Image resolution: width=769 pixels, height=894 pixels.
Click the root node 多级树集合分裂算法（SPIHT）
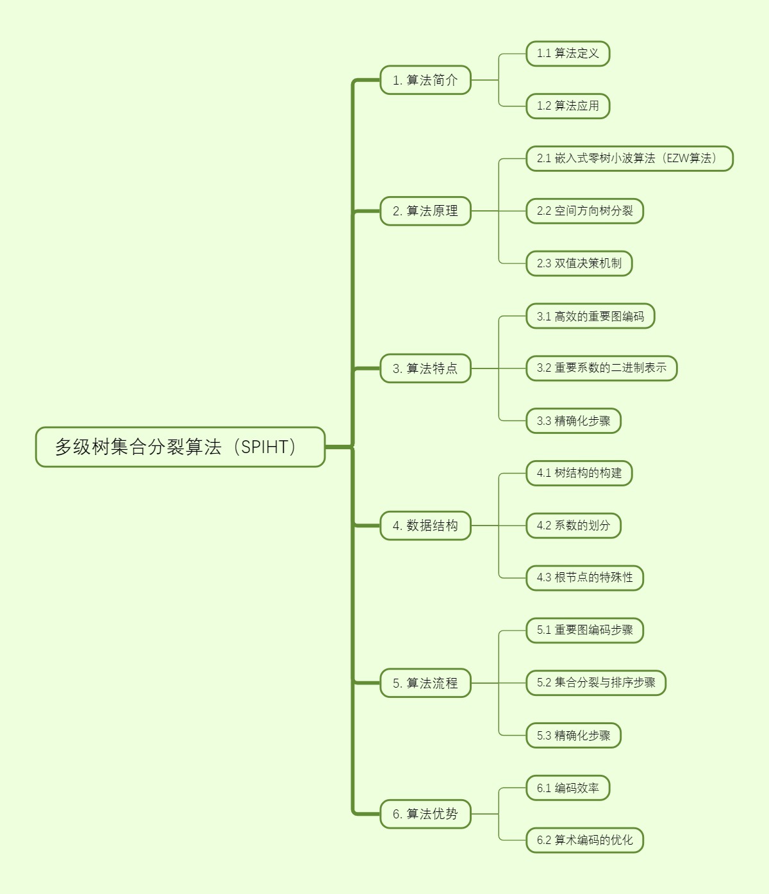pos(180,447)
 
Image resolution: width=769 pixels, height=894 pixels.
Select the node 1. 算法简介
pos(426,80)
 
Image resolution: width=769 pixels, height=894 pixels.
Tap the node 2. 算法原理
pos(426,211)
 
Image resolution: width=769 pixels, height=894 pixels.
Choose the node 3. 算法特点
pos(426,368)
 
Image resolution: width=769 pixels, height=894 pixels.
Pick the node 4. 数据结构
pos(426,526)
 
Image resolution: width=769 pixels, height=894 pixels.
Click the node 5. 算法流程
pos(426,683)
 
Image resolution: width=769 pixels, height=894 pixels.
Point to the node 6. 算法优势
pos(426,814)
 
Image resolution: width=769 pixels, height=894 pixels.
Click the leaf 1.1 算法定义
pos(568,54)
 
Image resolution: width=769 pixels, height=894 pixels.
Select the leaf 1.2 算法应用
pos(568,106)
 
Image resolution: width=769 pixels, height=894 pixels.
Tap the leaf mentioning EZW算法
pos(629,158)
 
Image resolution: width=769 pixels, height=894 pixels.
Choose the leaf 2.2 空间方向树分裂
pos(584,211)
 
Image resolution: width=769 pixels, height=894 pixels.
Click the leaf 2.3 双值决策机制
pos(579,263)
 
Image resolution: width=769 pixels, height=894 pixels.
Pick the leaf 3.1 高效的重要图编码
pos(590,316)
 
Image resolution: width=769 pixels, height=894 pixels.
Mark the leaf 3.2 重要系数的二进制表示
pos(602,368)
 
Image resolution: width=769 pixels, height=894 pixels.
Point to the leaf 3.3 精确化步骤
pos(574,421)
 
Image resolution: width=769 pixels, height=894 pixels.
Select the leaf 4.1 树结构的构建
pos(579,474)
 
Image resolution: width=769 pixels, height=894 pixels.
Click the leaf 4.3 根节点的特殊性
pos(584,578)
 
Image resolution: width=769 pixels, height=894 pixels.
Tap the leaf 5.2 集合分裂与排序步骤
pos(596,683)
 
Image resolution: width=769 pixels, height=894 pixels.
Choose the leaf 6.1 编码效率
pos(568,788)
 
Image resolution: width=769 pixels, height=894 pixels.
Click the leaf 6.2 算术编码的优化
pos(584,840)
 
